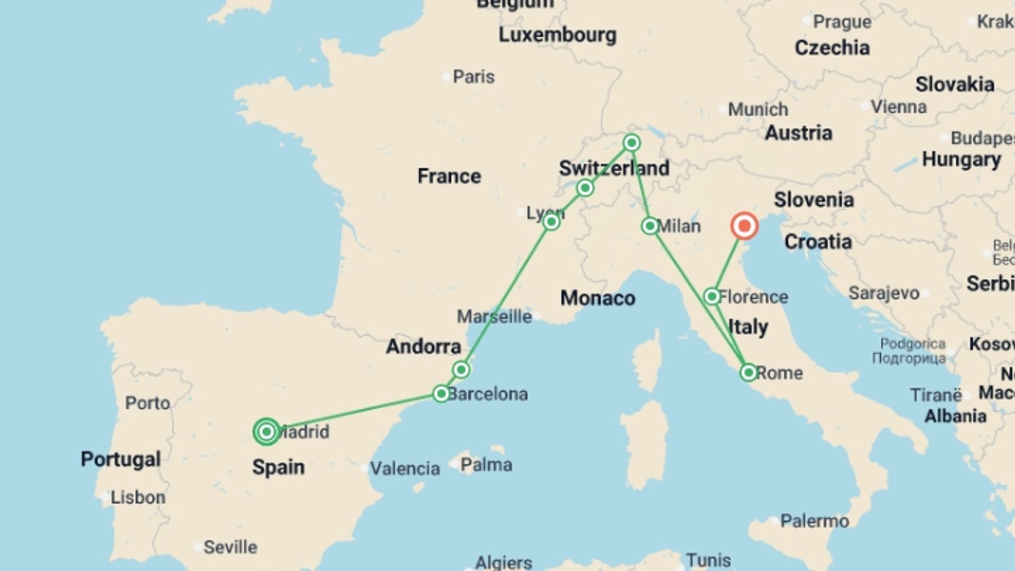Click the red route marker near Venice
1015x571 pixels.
(744, 226)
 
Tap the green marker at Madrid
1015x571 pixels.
(266, 432)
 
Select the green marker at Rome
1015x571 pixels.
(748, 373)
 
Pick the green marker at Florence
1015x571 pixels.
(712, 296)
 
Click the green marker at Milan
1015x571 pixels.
(650, 226)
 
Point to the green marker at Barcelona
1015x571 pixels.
(441, 394)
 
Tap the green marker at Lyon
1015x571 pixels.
(551, 222)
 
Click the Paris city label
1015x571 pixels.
(473, 77)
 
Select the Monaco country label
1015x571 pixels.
(597, 298)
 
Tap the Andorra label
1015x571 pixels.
(423, 347)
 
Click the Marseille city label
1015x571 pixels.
(494, 317)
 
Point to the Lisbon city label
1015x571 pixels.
(137, 498)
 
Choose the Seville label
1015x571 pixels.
(230, 547)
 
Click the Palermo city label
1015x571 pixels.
(814, 521)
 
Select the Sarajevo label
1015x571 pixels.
(884, 293)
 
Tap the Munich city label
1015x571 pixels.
(758, 109)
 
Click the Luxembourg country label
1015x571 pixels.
(557, 35)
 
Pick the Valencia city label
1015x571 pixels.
(404, 468)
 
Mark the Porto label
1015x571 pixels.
(147, 403)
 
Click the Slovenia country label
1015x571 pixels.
(814, 200)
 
